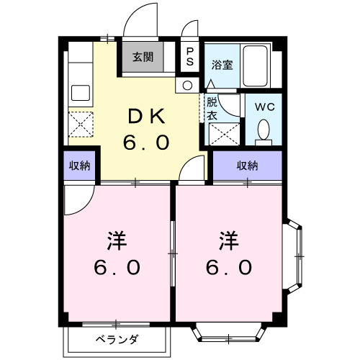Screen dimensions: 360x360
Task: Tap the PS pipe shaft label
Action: point(190,56)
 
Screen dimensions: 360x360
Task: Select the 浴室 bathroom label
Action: point(221,65)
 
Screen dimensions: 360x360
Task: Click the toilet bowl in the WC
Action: point(263,130)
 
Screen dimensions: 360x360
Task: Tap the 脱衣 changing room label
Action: point(212,108)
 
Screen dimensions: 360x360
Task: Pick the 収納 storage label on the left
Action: point(79,166)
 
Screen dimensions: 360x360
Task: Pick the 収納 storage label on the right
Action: point(247,166)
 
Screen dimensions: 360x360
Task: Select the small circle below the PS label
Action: point(188,85)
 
